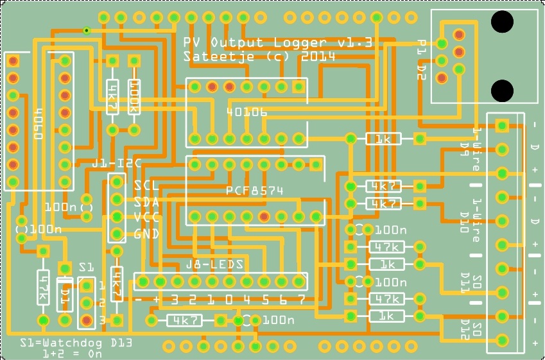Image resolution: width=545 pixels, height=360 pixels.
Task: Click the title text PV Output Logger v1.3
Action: (278, 43)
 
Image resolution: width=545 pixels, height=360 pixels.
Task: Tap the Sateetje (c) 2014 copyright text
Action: (259, 56)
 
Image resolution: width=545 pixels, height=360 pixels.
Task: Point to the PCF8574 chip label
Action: (255, 191)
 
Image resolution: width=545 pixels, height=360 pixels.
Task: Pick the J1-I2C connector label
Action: (116, 163)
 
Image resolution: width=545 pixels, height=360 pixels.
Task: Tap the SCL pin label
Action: (146, 185)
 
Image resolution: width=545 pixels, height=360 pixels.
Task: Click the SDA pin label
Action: (146, 201)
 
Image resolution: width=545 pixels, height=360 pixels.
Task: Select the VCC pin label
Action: (146, 217)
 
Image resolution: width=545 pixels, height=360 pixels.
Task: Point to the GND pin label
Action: (146, 234)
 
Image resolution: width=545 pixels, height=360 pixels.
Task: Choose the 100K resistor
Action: (134, 96)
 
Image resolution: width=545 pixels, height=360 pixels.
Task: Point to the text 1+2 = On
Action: (73, 353)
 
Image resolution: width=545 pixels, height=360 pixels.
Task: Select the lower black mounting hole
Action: (503, 89)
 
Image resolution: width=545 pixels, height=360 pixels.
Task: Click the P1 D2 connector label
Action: (421, 60)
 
